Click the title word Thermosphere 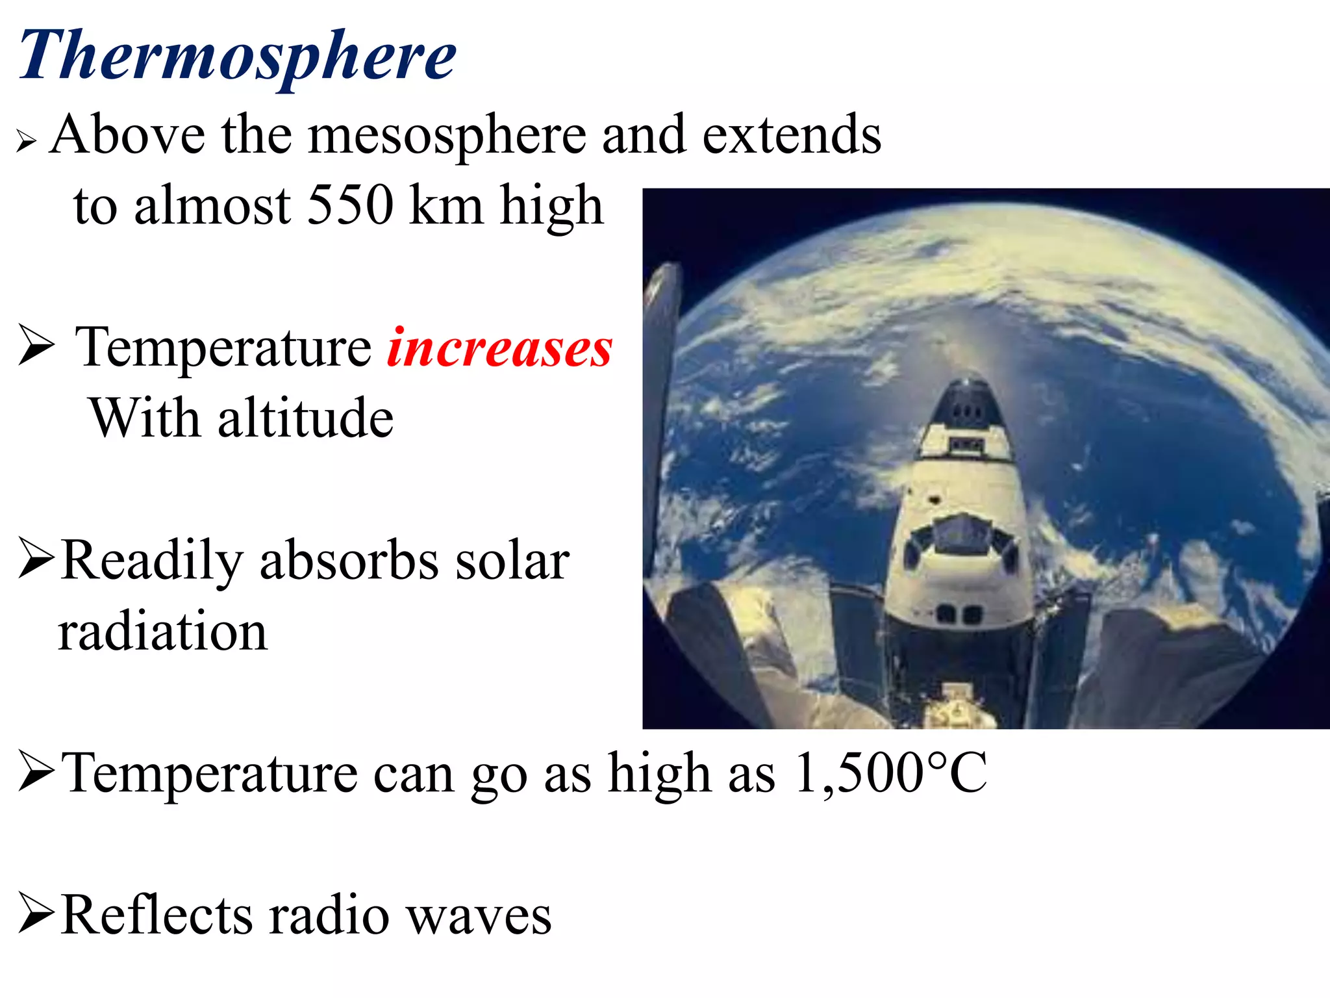click(x=237, y=57)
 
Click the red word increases click(x=499, y=348)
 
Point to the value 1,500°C click(x=890, y=773)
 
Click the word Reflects click(x=156, y=915)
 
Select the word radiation click(x=162, y=632)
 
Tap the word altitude click(x=305, y=418)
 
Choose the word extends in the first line click(x=792, y=135)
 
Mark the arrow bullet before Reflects click(x=36, y=913)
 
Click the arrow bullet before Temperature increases click(x=36, y=346)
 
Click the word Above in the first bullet click(x=127, y=135)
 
